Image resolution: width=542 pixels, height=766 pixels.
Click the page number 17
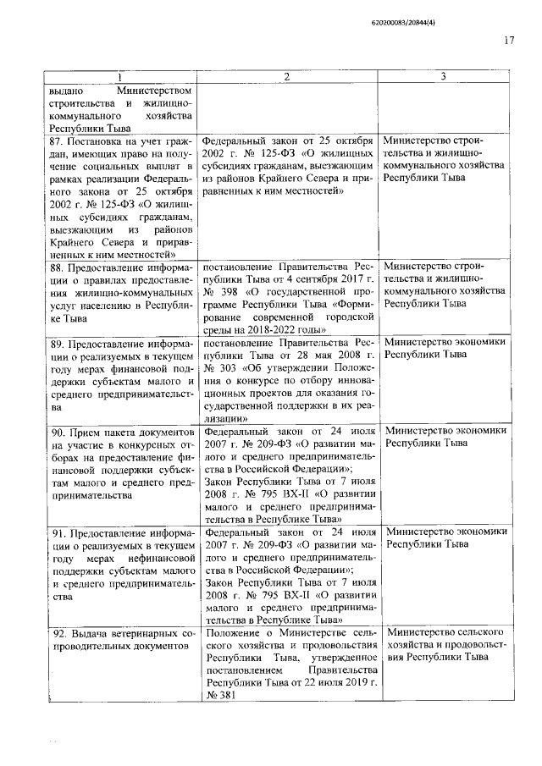(509, 40)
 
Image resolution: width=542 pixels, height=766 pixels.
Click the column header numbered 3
(444, 77)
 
